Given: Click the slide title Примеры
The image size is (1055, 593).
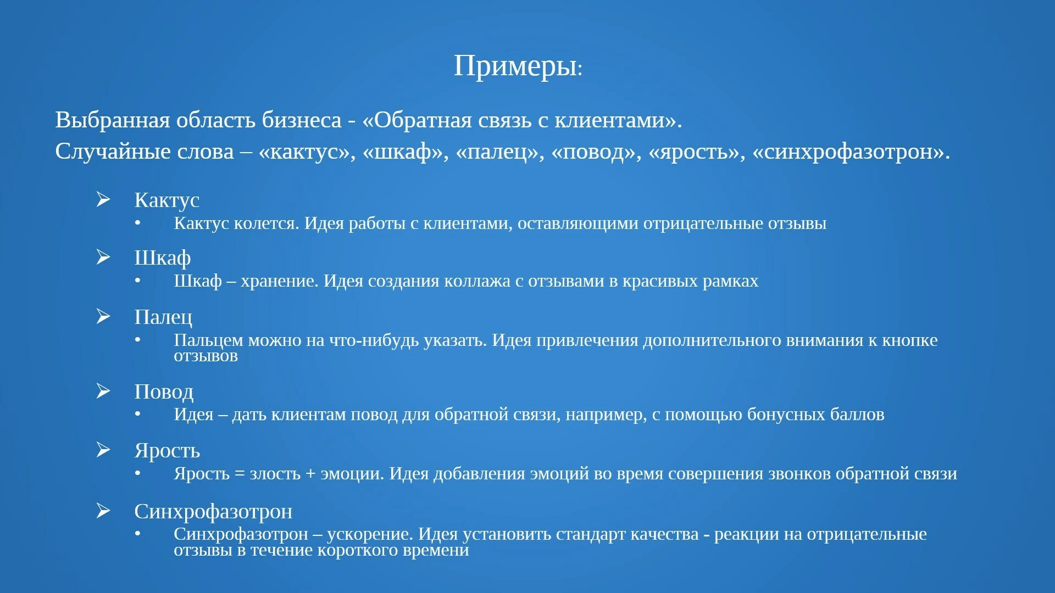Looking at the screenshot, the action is click(x=518, y=66).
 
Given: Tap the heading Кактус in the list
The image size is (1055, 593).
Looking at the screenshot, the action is click(x=166, y=200).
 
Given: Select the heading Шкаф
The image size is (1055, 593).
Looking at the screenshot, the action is click(x=163, y=258).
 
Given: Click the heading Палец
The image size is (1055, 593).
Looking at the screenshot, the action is click(x=163, y=317).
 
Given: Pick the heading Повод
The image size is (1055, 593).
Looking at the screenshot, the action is click(x=164, y=391).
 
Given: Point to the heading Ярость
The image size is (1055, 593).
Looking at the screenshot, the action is click(x=167, y=450).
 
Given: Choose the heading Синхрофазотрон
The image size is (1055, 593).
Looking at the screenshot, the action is click(x=213, y=511).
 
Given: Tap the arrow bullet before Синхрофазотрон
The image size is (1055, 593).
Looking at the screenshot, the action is click(x=103, y=510).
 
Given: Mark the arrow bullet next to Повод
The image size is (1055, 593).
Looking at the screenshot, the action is click(x=103, y=390).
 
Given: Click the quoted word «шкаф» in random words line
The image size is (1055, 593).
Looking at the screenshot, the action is click(x=406, y=152).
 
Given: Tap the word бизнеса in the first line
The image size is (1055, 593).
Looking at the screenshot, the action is click(x=302, y=120).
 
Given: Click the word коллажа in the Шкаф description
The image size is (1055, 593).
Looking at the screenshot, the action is click(x=477, y=281).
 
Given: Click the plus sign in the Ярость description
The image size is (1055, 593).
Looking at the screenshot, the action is click(x=310, y=474).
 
